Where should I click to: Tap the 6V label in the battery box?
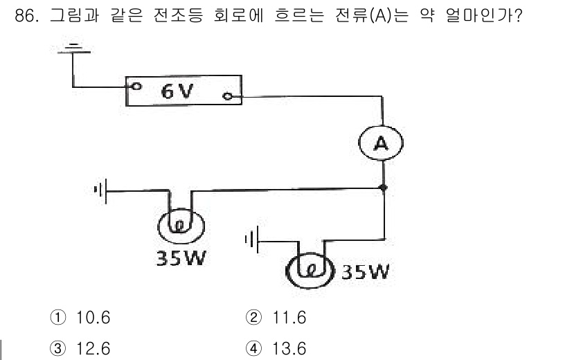(178, 91)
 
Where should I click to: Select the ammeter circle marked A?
(380, 143)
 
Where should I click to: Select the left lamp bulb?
(181, 226)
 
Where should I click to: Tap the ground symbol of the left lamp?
(100, 189)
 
